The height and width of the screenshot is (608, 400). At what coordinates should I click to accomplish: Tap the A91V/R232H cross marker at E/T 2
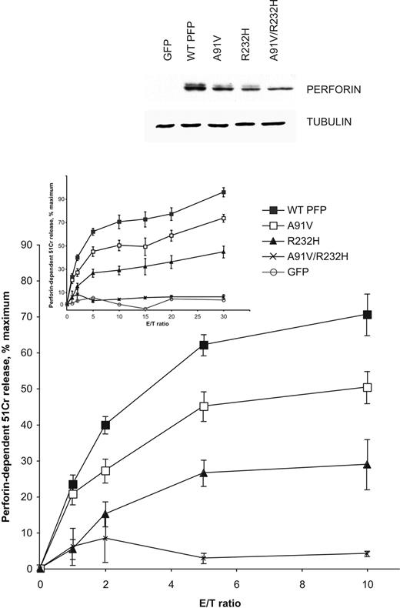point(105,538)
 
